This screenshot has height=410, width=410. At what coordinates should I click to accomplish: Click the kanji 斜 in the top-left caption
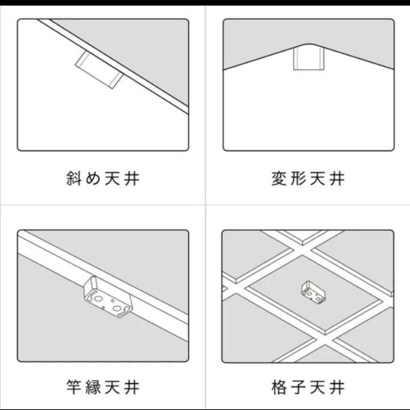point(74,178)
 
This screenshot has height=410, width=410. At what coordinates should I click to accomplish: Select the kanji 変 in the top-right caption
point(279,178)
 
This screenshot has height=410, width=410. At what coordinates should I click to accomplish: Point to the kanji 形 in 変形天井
point(299,178)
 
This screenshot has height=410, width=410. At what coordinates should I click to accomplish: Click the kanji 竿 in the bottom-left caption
point(74,388)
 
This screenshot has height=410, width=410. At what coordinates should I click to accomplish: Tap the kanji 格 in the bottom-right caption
point(279,388)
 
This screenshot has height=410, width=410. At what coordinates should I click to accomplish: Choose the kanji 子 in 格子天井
point(299,388)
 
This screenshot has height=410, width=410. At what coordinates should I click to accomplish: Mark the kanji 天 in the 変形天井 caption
point(318,178)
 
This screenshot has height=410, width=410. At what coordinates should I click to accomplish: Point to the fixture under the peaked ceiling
point(309,59)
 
